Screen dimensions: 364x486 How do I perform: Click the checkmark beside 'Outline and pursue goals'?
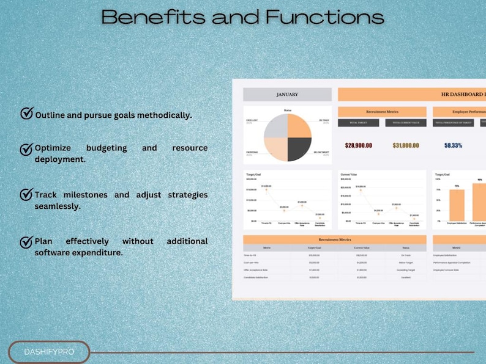pyautogui.click(x=27, y=114)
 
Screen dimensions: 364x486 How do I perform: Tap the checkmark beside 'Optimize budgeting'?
pyautogui.click(x=27, y=148)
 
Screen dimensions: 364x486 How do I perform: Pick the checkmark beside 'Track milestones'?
pyautogui.click(x=27, y=194)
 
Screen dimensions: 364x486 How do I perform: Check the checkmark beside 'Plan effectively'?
pyautogui.click(x=27, y=242)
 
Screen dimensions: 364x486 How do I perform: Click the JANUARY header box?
pyautogui.click(x=287, y=95)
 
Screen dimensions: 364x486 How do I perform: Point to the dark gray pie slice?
pyautogui.click(x=299, y=148)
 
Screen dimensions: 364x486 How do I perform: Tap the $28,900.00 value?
pyautogui.click(x=359, y=145)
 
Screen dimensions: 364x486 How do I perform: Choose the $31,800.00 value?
pyautogui.click(x=406, y=145)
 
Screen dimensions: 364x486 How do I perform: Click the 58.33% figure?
pyautogui.click(x=453, y=145)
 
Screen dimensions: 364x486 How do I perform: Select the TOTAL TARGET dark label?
pyautogui.click(x=358, y=123)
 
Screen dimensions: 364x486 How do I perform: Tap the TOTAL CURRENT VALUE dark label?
pyautogui.click(x=406, y=123)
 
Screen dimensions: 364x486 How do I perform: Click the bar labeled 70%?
pyautogui.click(x=457, y=205)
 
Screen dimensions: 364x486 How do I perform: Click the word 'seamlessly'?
pyautogui.click(x=58, y=206)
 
